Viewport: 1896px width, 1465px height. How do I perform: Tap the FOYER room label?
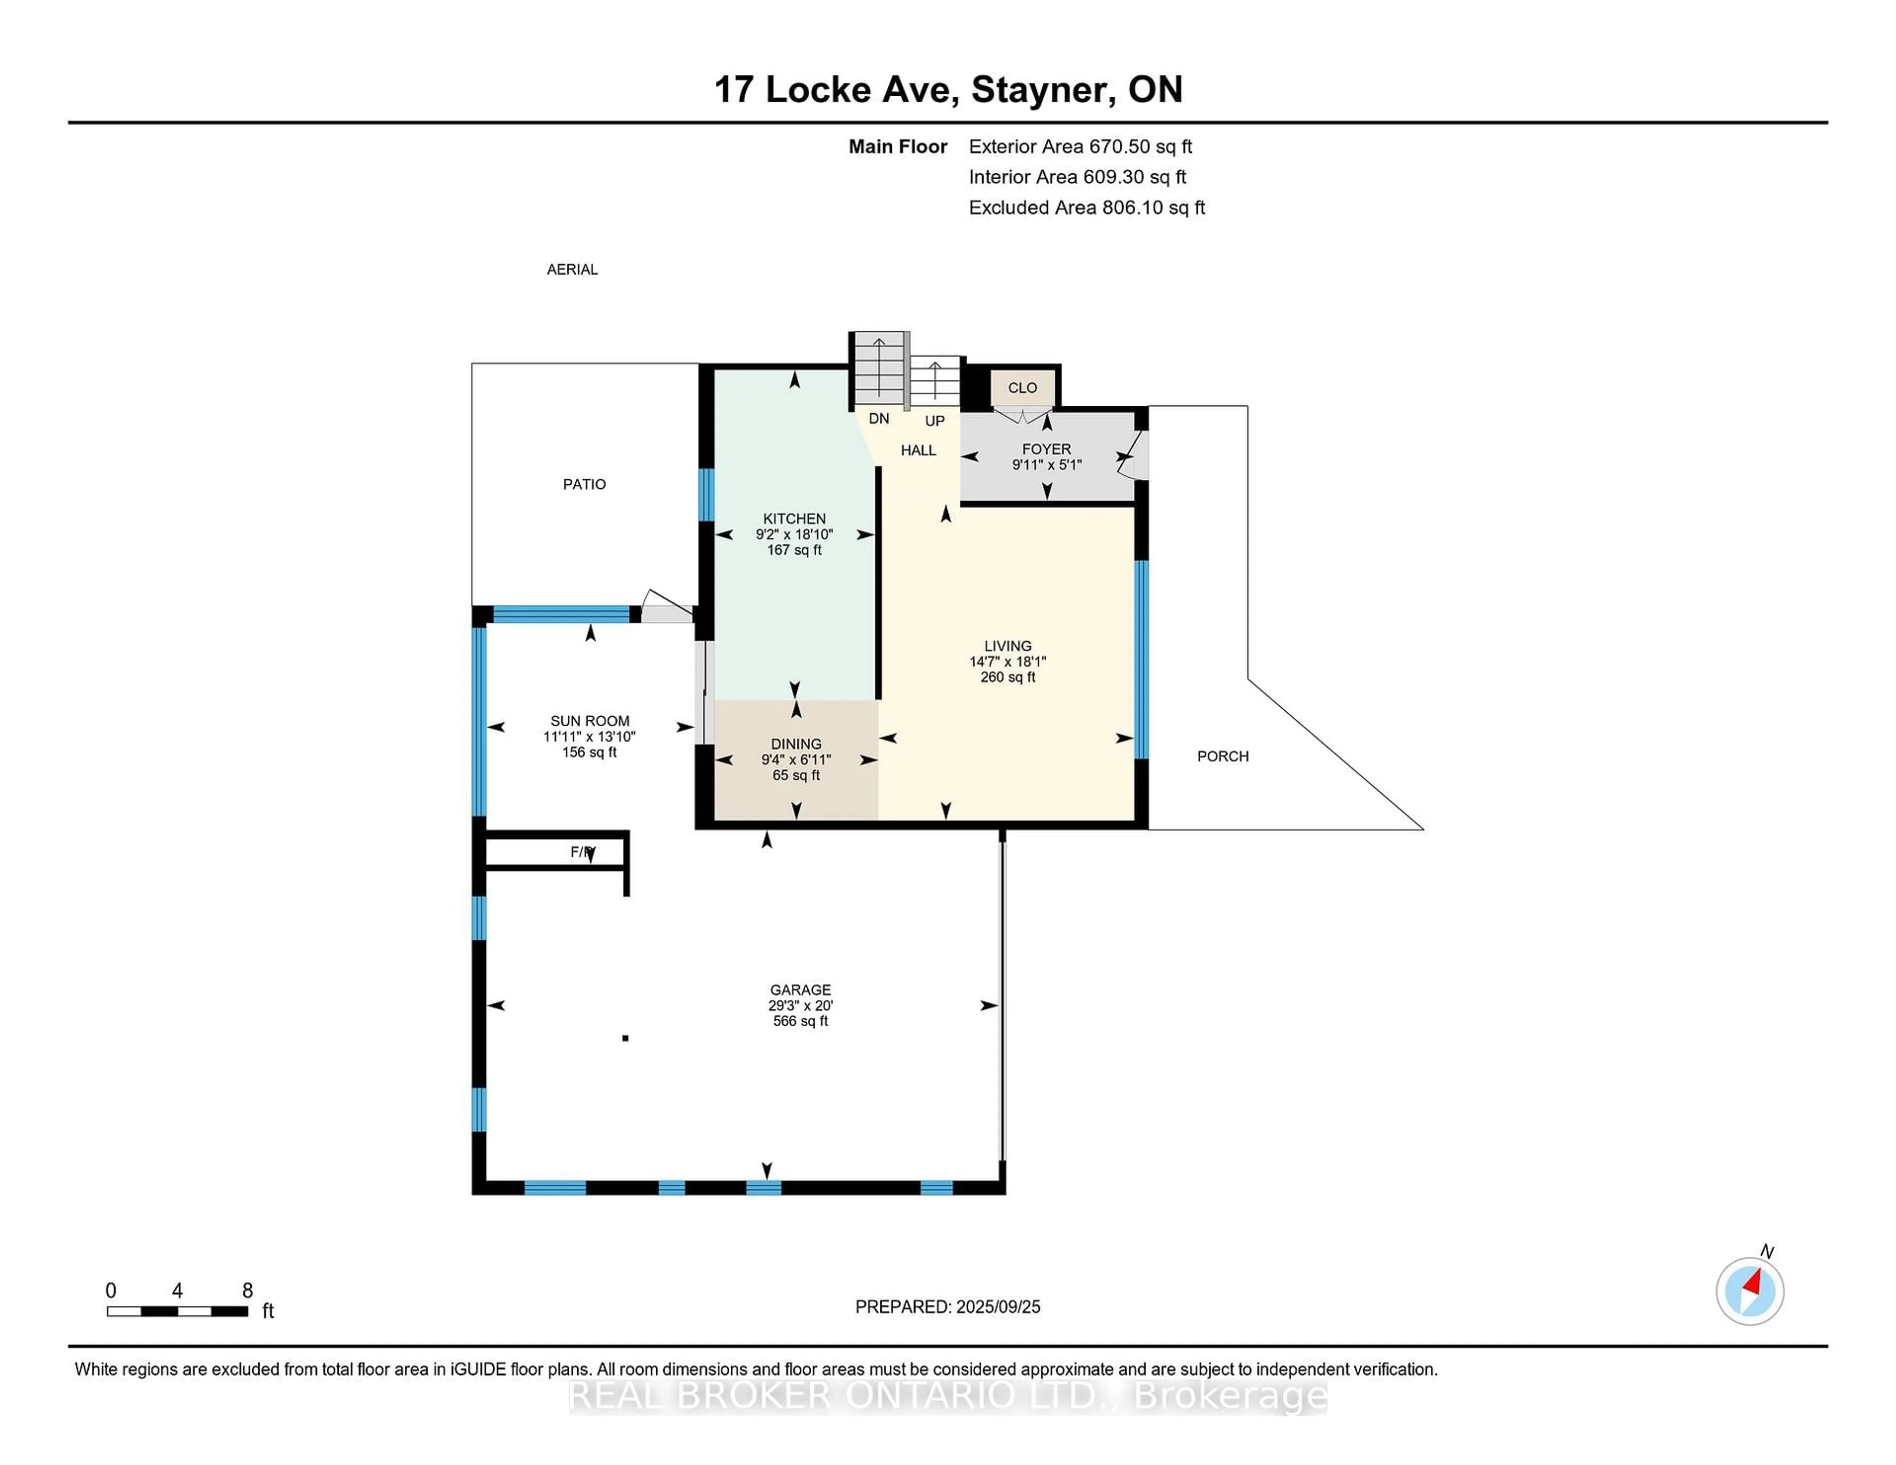pyautogui.click(x=1046, y=449)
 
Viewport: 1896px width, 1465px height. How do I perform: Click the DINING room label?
pyautogui.click(x=795, y=744)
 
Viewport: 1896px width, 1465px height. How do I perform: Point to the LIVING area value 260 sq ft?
pyautogui.click(x=1007, y=677)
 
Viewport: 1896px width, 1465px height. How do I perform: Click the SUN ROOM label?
pyautogui.click(x=590, y=720)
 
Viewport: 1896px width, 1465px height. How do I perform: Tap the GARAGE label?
pyautogui.click(x=799, y=989)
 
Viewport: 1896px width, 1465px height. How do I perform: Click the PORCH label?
pyautogui.click(x=1223, y=756)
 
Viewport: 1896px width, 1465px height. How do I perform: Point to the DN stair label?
pyautogui.click(x=878, y=418)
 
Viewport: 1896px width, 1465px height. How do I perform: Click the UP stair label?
pyautogui.click(x=934, y=421)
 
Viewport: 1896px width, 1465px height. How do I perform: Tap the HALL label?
pyautogui.click(x=917, y=450)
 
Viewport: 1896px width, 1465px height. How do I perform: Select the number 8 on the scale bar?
pyautogui.click(x=247, y=1291)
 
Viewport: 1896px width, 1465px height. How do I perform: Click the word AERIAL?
pyautogui.click(x=572, y=269)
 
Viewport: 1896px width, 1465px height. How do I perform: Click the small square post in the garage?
pyautogui.click(x=625, y=1038)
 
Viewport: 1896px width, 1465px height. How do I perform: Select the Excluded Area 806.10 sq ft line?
pyautogui.click(x=1086, y=207)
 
